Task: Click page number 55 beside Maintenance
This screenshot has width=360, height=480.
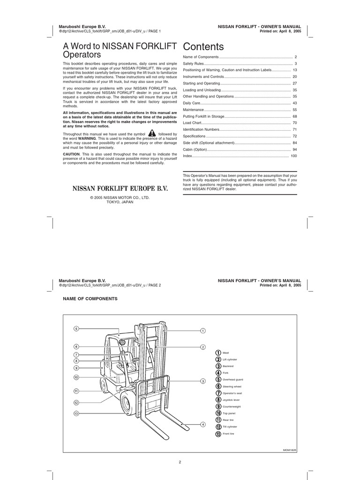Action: pos(295,109)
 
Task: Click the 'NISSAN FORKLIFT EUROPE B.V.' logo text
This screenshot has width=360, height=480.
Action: pos(120,189)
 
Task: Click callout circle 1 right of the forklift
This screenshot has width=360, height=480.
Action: pos(203,331)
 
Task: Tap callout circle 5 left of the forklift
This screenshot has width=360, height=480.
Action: pos(76,329)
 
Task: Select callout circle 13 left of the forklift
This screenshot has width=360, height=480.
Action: pos(76,413)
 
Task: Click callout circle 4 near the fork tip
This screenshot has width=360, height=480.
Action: pos(203,424)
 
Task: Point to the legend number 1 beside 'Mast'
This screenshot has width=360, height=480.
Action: pos(218,352)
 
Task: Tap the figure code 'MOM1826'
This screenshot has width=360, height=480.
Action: pos(289,450)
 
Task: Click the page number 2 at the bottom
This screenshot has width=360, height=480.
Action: pos(180,462)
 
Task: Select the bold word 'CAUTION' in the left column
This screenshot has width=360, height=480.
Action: pos(72,154)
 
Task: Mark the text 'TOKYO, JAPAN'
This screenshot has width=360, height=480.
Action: pos(120,202)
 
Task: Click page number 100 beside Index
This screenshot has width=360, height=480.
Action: pos(294,155)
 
